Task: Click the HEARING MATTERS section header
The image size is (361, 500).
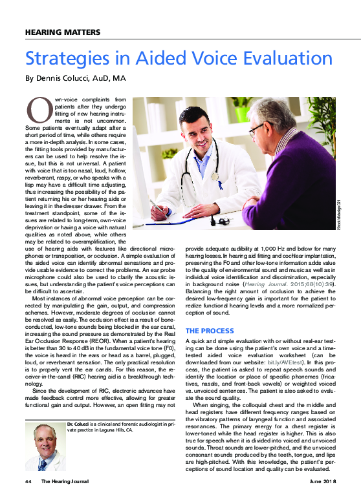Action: [62, 32]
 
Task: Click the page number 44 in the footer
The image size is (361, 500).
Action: [28, 481]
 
